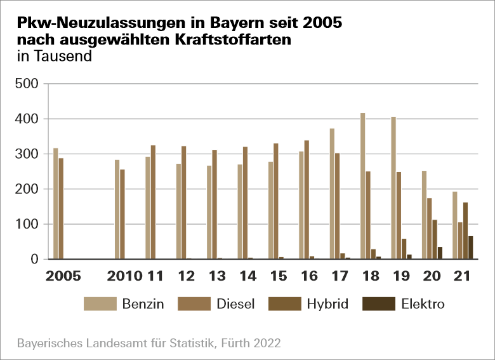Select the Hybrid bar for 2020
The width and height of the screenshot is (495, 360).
435,239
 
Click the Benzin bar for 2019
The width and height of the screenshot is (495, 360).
393,188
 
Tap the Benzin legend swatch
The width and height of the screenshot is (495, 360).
100,304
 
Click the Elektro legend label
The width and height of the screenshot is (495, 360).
423,304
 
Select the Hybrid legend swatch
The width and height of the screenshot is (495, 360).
285,304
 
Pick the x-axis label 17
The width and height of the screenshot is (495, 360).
340,277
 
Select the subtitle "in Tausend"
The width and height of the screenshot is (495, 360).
55,56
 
